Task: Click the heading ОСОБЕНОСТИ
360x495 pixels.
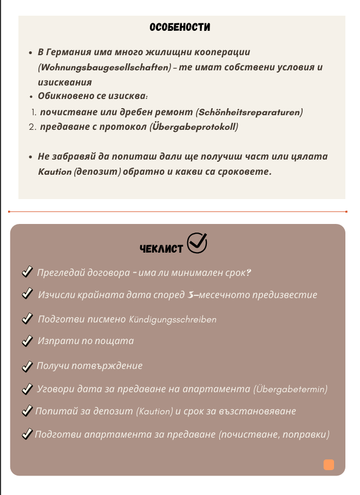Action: click(180, 28)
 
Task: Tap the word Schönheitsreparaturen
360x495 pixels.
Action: click(250, 112)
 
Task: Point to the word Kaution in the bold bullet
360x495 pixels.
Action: click(55, 171)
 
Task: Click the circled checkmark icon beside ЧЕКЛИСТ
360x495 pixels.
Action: click(197, 243)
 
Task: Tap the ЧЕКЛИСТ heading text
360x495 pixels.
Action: click(161, 248)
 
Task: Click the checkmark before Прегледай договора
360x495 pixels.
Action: click(27, 272)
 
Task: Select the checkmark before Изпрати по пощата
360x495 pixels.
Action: click(27, 341)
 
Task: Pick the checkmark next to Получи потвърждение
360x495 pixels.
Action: click(27, 366)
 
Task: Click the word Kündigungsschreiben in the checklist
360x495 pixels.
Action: click(173, 319)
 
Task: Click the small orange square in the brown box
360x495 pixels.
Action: click(329, 465)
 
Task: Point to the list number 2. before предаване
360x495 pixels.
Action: click(31, 127)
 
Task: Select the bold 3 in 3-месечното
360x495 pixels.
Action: click(190, 295)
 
